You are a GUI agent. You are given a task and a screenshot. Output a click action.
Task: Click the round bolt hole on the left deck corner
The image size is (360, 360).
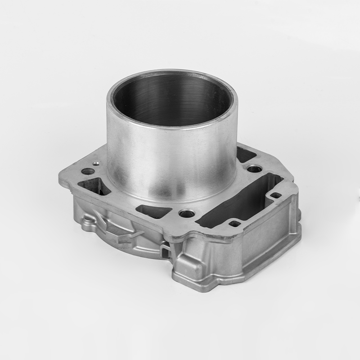pyautogui.click(x=88, y=171)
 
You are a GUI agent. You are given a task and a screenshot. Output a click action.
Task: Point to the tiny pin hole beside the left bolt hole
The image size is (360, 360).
pyautogui.click(x=95, y=160)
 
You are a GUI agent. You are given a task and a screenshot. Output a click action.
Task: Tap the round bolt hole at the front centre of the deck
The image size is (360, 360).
pyautogui.click(x=186, y=214)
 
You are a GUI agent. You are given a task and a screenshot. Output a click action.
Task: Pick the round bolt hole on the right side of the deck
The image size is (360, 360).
pyautogui.click(x=255, y=169)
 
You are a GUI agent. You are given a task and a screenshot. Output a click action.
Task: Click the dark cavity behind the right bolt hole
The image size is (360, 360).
pyautogui.click(x=246, y=155)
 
